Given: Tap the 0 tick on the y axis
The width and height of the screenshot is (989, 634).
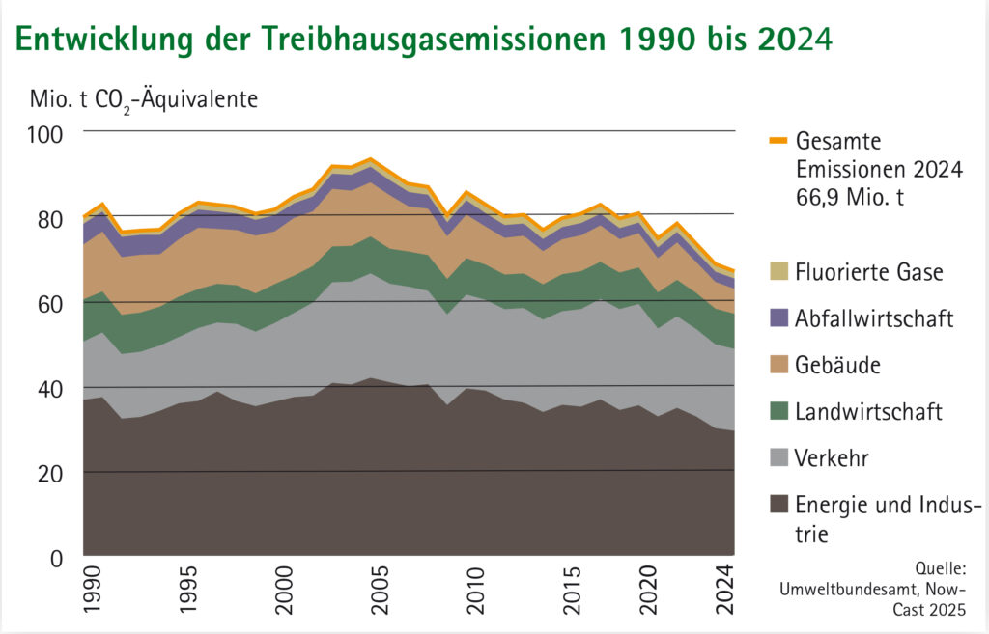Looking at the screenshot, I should click(55, 557).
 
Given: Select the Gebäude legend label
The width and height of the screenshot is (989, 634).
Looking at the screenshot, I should click(838, 366).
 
